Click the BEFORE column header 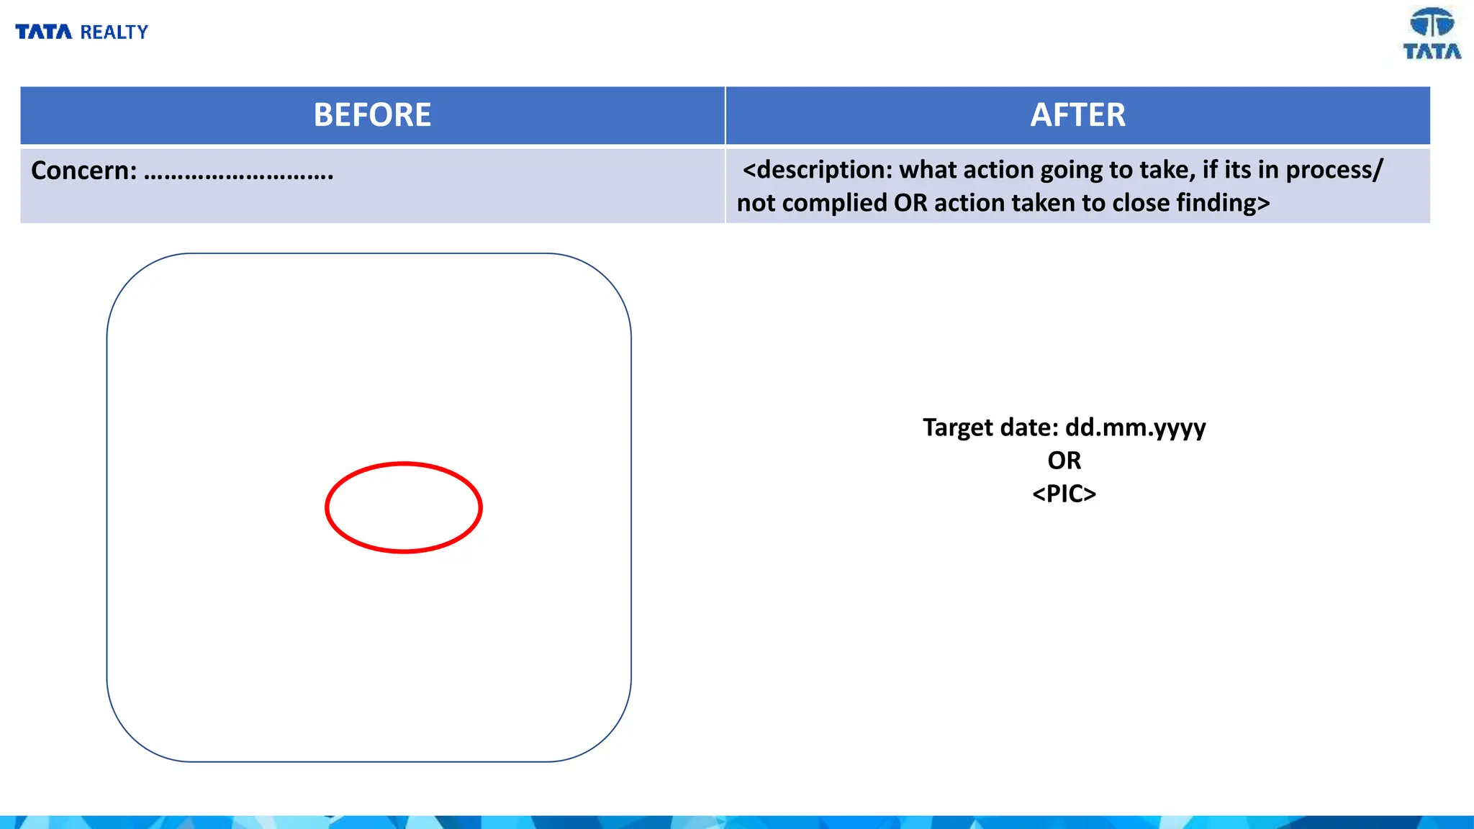click(x=372, y=115)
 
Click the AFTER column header click(x=1077, y=115)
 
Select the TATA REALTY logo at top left click(x=81, y=32)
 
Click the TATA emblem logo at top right click(x=1432, y=33)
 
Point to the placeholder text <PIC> click(x=1064, y=494)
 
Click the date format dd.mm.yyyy click(x=1135, y=427)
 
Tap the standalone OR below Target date click(x=1064, y=461)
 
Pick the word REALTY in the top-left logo click(x=114, y=32)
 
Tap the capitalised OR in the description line click(x=910, y=203)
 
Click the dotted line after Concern click(x=238, y=173)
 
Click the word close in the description click(x=1141, y=203)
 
